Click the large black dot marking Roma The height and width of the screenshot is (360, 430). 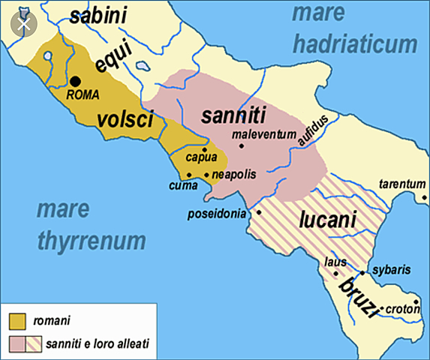pyautogui.click(x=75, y=82)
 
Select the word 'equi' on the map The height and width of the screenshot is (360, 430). pyautogui.click(x=113, y=58)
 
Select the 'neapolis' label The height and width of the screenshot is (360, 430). pyautogui.click(x=234, y=174)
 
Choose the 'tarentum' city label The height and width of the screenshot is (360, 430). pyautogui.click(x=401, y=184)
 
